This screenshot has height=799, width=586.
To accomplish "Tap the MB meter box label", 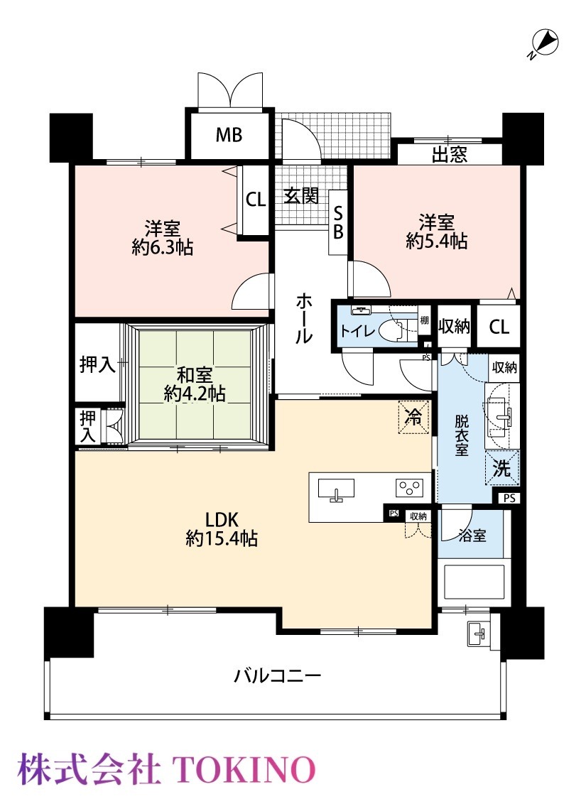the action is (x=229, y=135).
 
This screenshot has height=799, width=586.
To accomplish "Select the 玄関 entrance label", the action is (x=301, y=195).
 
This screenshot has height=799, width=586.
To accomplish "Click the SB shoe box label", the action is (x=338, y=223).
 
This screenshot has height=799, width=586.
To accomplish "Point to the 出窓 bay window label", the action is (x=450, y=154).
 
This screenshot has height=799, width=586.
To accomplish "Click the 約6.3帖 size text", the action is (x=163, y=248).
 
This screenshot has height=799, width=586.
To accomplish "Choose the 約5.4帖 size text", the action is (x=437, y=241).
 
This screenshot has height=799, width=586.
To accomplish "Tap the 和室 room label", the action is (x=195, y=376).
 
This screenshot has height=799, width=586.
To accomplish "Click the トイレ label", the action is (x=357, y=331).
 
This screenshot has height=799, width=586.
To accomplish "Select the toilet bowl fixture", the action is (x=396, y=328).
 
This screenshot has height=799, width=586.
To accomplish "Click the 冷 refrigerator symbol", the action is (x=414, y=417).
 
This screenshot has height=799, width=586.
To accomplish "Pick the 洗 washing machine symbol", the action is (x=501, y=468).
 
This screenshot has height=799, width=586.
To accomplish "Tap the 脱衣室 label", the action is (x=462, y=435).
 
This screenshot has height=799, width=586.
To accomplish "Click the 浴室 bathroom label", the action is (x=472, y=536).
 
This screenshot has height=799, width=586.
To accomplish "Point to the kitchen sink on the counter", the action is (x=336, y=490).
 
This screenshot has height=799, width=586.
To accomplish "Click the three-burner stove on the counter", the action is (x=409, y=488).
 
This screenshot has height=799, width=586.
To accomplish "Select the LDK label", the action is (x=222, y=520).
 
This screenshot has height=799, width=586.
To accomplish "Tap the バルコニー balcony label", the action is (x=278, y=676).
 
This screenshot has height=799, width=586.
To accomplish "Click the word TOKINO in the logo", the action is (x=244, y=769).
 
